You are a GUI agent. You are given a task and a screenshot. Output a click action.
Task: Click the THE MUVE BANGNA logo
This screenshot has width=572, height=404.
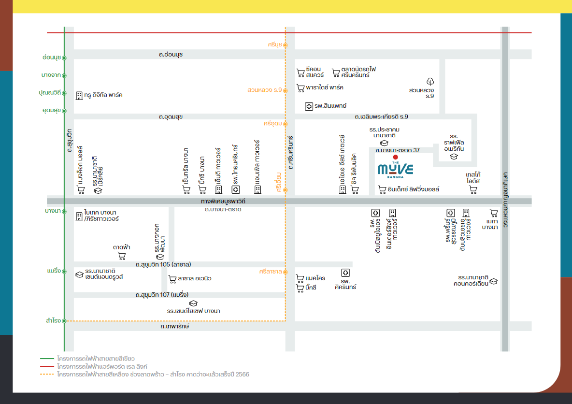click(396, 169)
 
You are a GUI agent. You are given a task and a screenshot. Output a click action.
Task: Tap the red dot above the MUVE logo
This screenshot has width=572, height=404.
click(396, 157)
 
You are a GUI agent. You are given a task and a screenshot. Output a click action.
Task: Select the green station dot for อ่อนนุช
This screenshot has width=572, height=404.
click(64, 58)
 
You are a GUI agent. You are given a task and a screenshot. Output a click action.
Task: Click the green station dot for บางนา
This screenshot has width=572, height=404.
click(64, 211)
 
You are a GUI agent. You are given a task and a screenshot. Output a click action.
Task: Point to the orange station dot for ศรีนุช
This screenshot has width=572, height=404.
click(285, 45)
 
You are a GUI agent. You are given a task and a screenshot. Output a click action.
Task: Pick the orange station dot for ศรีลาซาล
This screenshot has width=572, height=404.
click(285, 272)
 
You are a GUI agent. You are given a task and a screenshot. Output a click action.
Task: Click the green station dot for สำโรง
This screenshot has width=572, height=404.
click(64, 321)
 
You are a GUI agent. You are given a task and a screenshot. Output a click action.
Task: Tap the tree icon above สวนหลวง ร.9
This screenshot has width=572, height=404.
click(430, 81)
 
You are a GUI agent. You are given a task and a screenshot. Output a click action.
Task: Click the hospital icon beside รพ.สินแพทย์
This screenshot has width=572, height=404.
click(309, 106)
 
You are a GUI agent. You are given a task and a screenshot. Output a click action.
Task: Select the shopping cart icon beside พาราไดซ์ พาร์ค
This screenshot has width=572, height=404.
click(300, 88)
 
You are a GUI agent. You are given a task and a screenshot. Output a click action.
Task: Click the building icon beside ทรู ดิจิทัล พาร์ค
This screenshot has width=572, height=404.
click(79, 96)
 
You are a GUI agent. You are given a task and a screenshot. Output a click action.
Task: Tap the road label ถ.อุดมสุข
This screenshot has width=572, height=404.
click(171, 117)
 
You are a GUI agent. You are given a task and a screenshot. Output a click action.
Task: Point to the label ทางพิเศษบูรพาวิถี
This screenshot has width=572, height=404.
click(223, 201)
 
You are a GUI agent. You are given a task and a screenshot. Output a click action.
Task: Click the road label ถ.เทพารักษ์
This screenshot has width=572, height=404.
click(175, 326)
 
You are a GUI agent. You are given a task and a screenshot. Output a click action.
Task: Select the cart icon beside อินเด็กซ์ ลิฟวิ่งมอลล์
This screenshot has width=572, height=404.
click(382, 190)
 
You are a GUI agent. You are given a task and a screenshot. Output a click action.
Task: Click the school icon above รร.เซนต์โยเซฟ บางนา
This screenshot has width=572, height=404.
click(193, 303)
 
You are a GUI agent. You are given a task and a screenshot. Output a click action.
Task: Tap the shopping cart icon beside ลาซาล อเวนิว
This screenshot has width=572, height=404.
click(172, 279)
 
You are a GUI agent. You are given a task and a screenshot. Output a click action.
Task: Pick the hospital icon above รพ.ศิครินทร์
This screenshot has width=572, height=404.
click(345, 273)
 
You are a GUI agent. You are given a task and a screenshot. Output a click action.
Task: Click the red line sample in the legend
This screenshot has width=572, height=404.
click(47, 366)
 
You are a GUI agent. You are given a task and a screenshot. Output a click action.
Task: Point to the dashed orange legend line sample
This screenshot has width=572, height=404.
click(47, 375)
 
